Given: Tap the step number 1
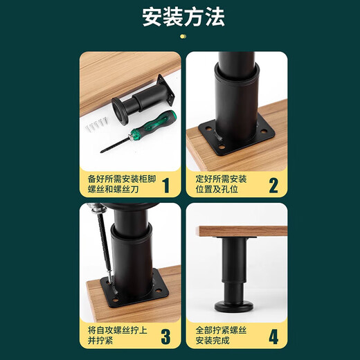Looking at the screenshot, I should tap(165, 186).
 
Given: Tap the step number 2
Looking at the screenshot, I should tap(273, 186).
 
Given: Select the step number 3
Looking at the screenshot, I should tap(165, 337).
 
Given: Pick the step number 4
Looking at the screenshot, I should tap(273, 337).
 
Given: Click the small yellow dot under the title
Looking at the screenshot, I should tap(183, 35).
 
